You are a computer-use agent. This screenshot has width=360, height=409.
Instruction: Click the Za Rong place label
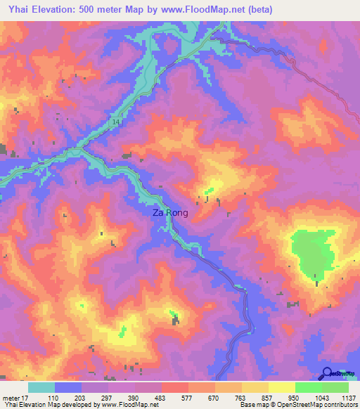click(x=170, y=212)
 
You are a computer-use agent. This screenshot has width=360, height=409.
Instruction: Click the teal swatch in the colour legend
click(x=41, y=387)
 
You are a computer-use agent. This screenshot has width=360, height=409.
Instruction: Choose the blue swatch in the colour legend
click(x=68, y=387)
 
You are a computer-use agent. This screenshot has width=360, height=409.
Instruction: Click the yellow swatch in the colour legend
click(x=282, y=387)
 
